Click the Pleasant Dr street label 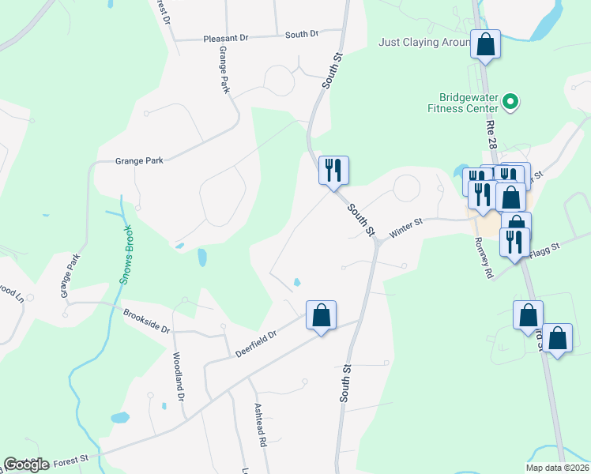point(226,37)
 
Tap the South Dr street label point(301,34)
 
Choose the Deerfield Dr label point(255,344)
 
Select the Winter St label point(407,227)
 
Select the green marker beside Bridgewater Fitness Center point(510,101)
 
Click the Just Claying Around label point(425,42)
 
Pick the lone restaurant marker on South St point(333,170)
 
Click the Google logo point(27,465)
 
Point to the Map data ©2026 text point(556,468)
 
